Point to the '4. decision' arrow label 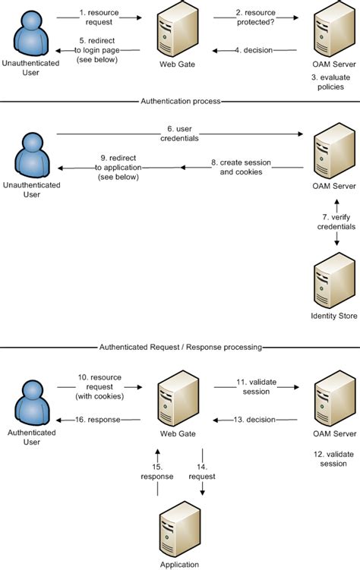click(253, 51)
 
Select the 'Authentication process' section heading click(181, 100)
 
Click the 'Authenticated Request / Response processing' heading click(181, 347)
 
